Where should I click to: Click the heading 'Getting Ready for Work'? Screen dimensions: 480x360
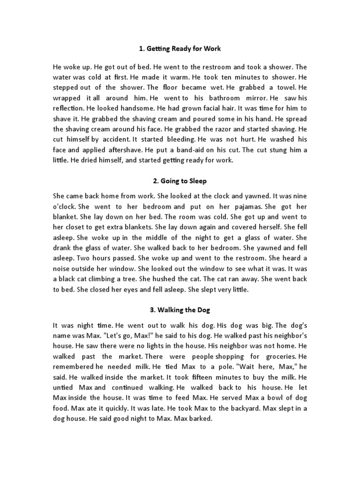pyautogui.click(x=180, y=49)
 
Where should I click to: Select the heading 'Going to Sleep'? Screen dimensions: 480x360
pyautogui.click(x=180, y=181)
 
